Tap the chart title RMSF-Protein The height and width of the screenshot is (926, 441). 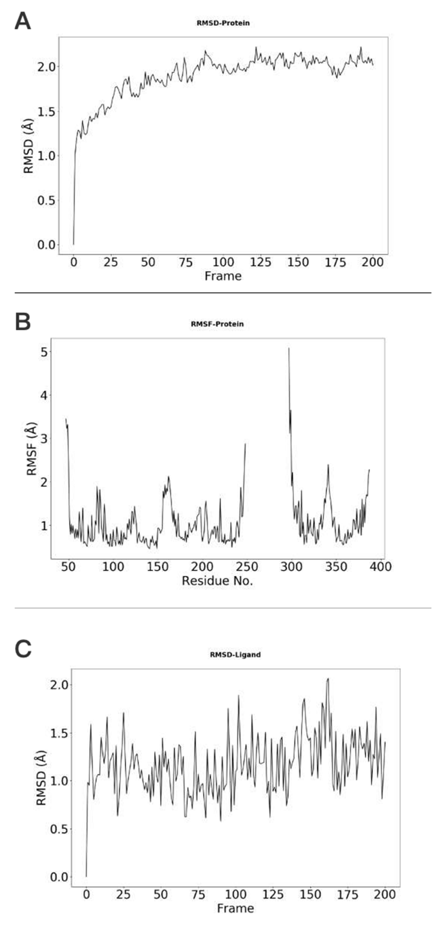tap(217, 324)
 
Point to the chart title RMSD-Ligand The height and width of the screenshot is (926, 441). tap(235, 655)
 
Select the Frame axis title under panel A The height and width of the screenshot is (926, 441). tap(223, 276)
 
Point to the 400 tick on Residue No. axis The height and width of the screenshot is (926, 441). tap(380, 567)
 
